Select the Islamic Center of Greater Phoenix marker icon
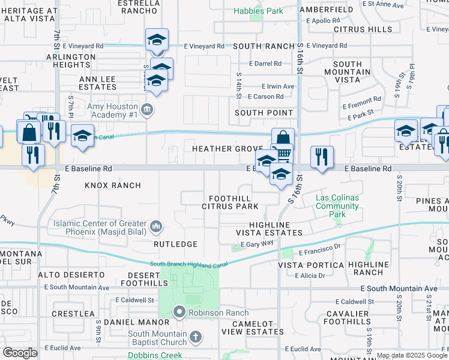156,226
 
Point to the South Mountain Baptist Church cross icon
195,337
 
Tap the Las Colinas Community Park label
337,206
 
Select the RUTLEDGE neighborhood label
175,244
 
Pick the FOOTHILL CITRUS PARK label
234,202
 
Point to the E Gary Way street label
257,243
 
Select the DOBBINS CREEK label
154,355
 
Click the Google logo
20,353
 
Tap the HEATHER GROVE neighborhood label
228,149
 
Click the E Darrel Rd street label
264,64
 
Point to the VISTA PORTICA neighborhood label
311,265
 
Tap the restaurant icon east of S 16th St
322,157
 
